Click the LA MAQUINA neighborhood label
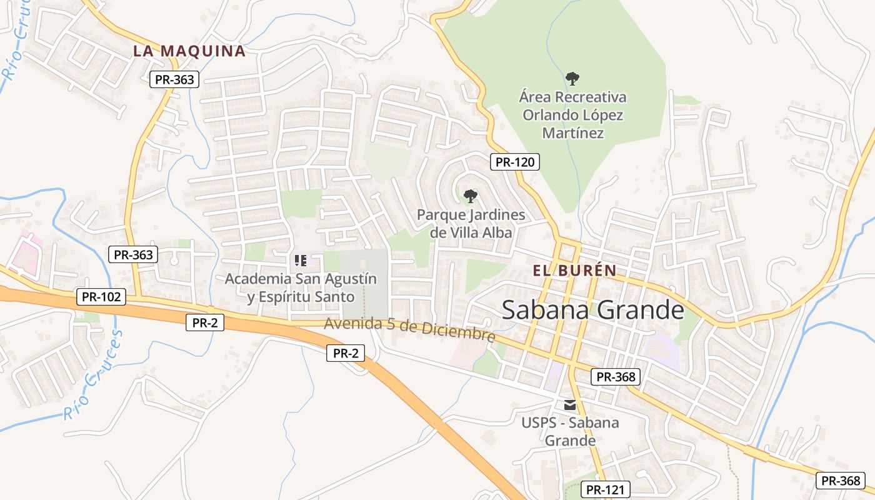pyautogui.click(x=189, y=51)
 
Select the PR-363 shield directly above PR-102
pyautogui.click(x=132, y=254)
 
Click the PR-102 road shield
pyautogui.click(x=101, y=297)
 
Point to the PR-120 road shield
pyautogui.click(x=514, y=162)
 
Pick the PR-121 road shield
pyautogui.click(x=605, y=489)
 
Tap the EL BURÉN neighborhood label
pyautogui.click(x=574, y=271)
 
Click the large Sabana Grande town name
pyautogui.click(x=592, y=310)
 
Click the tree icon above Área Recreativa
pyautogui.click(x=572, y=79)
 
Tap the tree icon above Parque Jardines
pyautogui.click(x=471, y=196)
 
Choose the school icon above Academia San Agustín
pyautogui.click(x=300, y=260)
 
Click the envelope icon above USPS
pyautogui.click(x=570, y=404)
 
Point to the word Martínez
pyautogui.click(x=572, y=133)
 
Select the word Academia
pyautogui.click(x=258, y=279)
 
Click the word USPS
pyautogui.click(x=540, y=422)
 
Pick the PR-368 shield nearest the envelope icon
pyautogui.click(x=616, y=377)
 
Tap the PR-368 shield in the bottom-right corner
pyautogui.click(x=841, y=481)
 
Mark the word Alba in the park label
pyautogui.click(x=497, y=232)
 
